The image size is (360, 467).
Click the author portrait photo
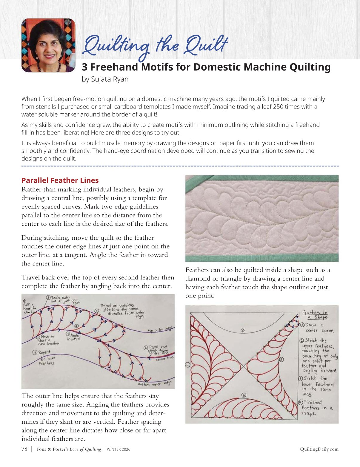pos(48,45)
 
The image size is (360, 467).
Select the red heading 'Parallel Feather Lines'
pos(60,180)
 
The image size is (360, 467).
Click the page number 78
pos(24,449)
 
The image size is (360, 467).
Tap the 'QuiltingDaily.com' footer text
pos(319,449)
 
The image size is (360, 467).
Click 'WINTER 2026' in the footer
pos(119,449)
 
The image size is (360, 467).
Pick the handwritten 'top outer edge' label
pos(160,329)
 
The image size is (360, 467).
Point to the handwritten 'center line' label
pos(164,358)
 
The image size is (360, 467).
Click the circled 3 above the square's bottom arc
pos(244,395)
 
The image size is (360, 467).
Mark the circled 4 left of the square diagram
pos(187,365)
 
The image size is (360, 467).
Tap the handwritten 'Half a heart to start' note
pos(29,307)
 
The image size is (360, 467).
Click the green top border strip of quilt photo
pos(262,178)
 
